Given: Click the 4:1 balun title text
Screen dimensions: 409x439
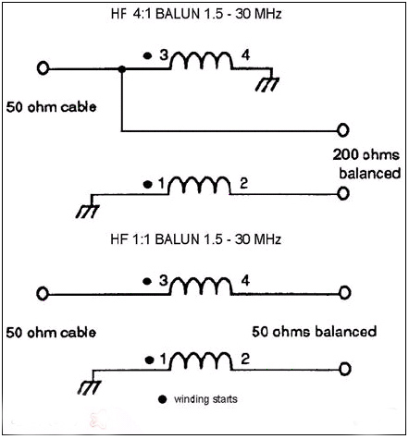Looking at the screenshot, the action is (196, 14).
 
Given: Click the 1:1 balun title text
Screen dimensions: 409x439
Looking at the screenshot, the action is (196, 239).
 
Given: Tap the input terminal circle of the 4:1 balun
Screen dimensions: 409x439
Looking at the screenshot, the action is (43, 68).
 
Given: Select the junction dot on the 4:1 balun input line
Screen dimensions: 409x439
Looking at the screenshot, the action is (122, 69).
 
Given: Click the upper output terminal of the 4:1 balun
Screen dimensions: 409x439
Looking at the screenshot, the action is (342, 130).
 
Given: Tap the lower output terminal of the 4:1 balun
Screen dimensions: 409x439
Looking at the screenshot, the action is (342, 193).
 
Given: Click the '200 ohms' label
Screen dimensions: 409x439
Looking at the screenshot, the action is (366, 154).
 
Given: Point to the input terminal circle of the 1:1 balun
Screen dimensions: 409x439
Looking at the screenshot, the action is (43, 293).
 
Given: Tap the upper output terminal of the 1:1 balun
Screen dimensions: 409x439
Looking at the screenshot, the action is (344, 292).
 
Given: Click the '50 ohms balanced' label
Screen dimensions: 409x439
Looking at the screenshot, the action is (315, 332).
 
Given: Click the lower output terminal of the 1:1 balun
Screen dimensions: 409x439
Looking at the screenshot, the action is (344, 369).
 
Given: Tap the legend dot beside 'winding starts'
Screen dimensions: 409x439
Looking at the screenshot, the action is (162, 399).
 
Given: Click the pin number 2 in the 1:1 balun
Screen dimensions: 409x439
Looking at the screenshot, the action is (245, 360).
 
